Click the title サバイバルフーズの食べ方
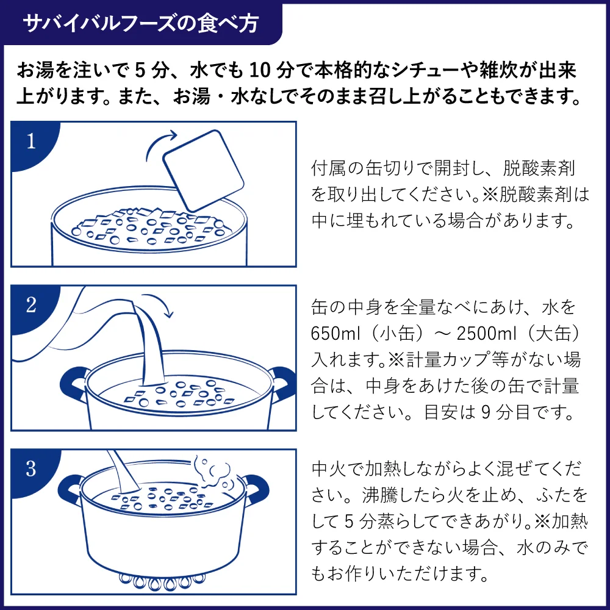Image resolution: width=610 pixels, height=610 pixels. click(140, 23)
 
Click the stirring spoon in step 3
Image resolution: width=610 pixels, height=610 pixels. click(122, 473)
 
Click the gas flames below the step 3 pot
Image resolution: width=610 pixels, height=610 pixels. click(162, 583)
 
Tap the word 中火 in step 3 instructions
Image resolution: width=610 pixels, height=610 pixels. click(325, 470)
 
